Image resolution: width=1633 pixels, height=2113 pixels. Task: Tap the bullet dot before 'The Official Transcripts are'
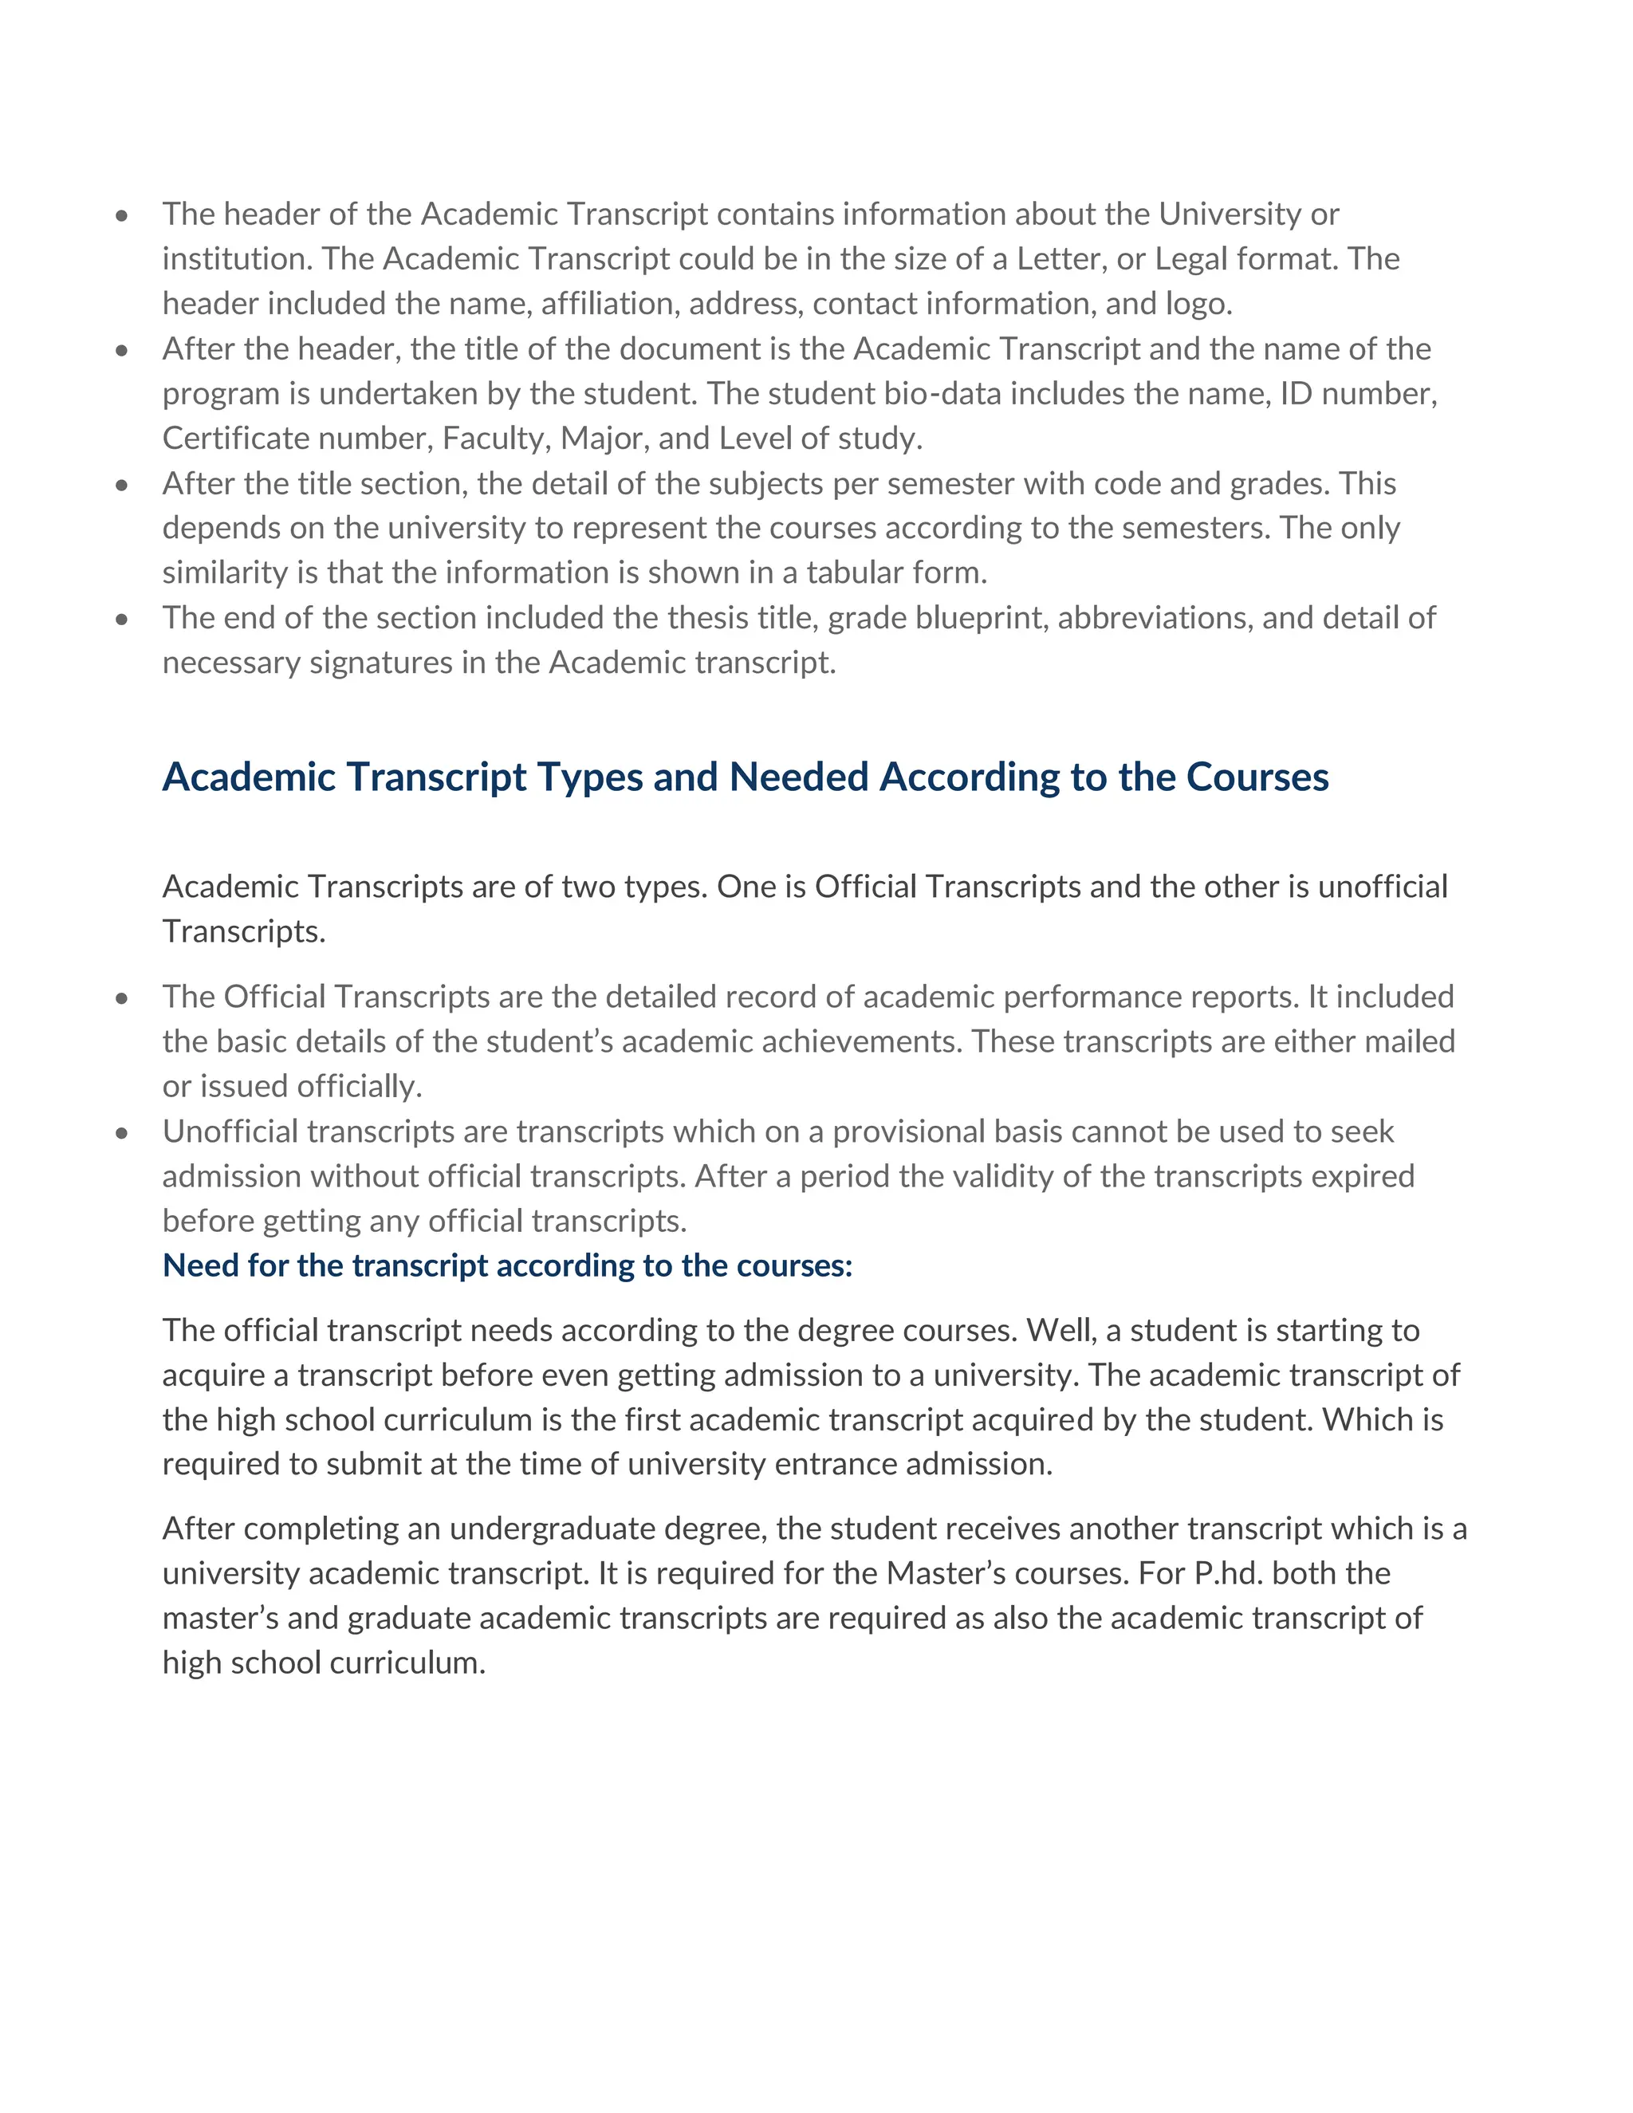(x=121, y=997)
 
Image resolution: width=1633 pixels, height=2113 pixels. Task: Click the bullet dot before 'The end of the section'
(x=121, y=618)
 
